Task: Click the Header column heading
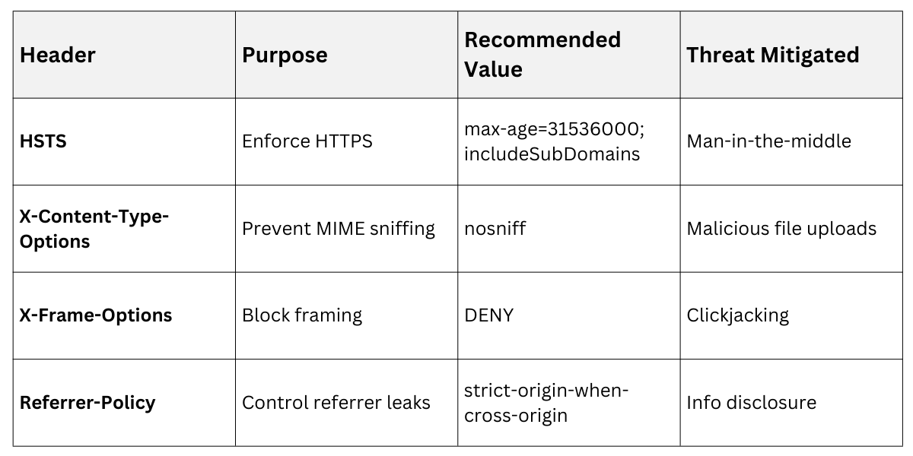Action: (x=58, y=55)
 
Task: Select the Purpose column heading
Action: (x=285, y=55)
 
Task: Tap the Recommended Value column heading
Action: (x=542, y=55)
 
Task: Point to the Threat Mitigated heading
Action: (x=773, y=55)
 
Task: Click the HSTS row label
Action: (x=43, y=141)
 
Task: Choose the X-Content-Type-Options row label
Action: (x=94, y=229)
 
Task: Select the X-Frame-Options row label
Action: (x=96, y=315)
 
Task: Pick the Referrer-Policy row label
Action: (x=87, y=403)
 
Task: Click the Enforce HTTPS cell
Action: (x=307, y=141)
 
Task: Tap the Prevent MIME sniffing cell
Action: (x=339, y=229)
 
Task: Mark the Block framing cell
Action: (x=301, y=315)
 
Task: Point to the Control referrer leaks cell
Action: (x=336, y=403)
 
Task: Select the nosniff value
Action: (x=495, y=229)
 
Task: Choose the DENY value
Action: (x=488, y=315)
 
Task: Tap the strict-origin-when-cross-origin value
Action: (x=546, y=403)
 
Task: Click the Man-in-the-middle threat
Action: (x=768, y=141)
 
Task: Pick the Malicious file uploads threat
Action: (x=781, y=229)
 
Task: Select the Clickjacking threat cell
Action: (x=737, y=315)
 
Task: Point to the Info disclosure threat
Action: (x=751, y=403)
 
